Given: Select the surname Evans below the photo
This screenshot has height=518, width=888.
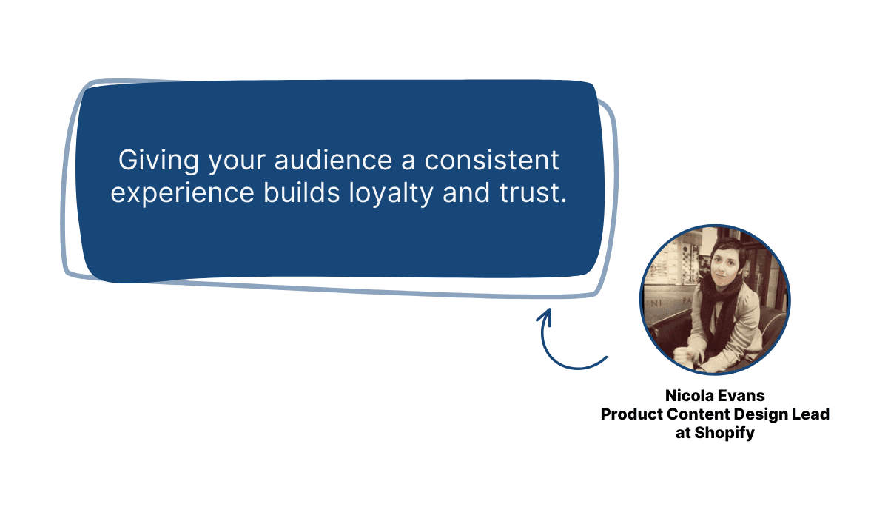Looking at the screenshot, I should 742,397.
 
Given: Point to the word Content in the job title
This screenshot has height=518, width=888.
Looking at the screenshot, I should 696,414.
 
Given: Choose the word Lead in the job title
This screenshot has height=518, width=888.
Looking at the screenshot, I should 812,414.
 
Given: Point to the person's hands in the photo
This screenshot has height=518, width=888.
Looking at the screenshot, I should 696,359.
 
